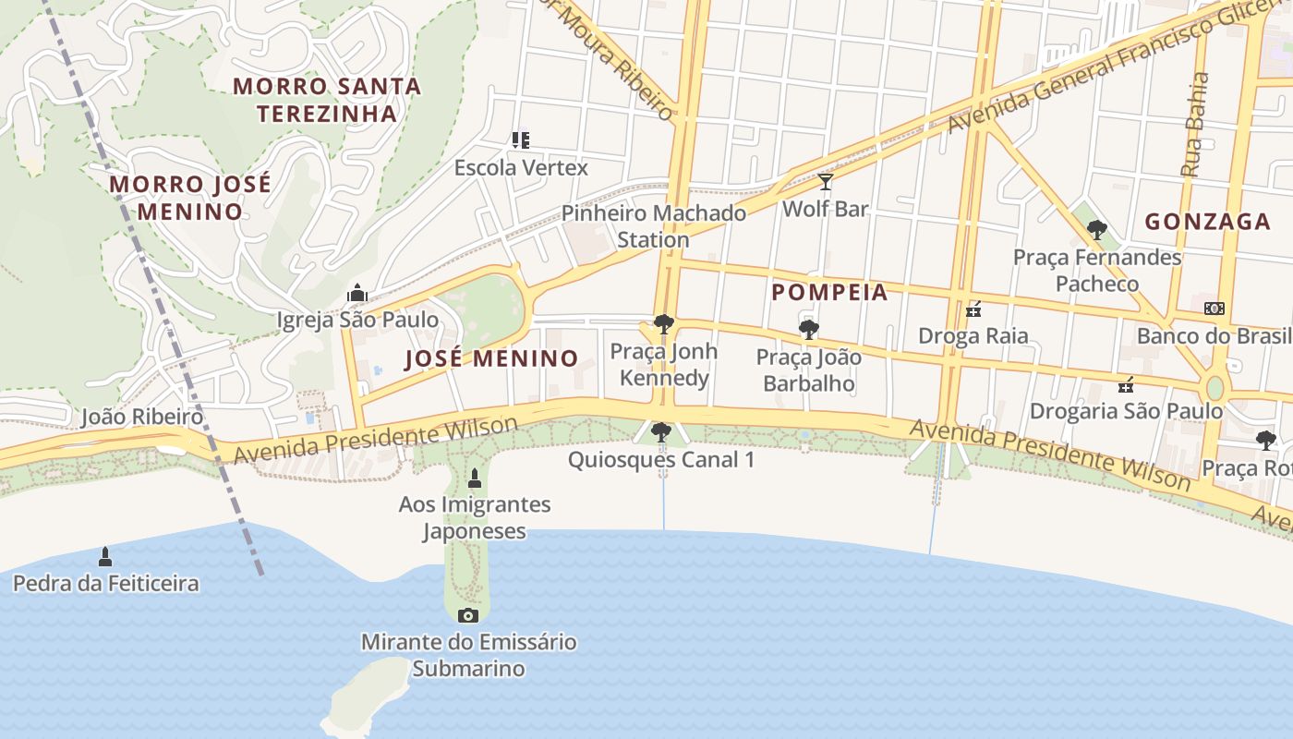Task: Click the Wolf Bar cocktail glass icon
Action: (826, 182)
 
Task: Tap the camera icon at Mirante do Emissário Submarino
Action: (468, 615)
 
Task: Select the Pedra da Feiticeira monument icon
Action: (105, 556)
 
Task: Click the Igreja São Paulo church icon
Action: (357, 294)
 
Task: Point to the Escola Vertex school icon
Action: (520, 140)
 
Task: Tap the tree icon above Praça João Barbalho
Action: (808, 330)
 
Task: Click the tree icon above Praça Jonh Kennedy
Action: (663, 324)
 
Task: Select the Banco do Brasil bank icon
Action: (1214, 309)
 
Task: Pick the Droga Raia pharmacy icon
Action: (973, 309)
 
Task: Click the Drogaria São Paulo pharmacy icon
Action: (1126, 384)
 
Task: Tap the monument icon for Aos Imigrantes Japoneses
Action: (475, 479)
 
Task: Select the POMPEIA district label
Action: (829, 293)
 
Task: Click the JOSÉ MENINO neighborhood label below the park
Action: (491, 358)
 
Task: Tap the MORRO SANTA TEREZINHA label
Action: (327, 100)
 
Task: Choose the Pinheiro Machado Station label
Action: (654, 226)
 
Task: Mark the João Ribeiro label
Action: (141, 417)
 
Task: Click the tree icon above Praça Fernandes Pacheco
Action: (1096, 230)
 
